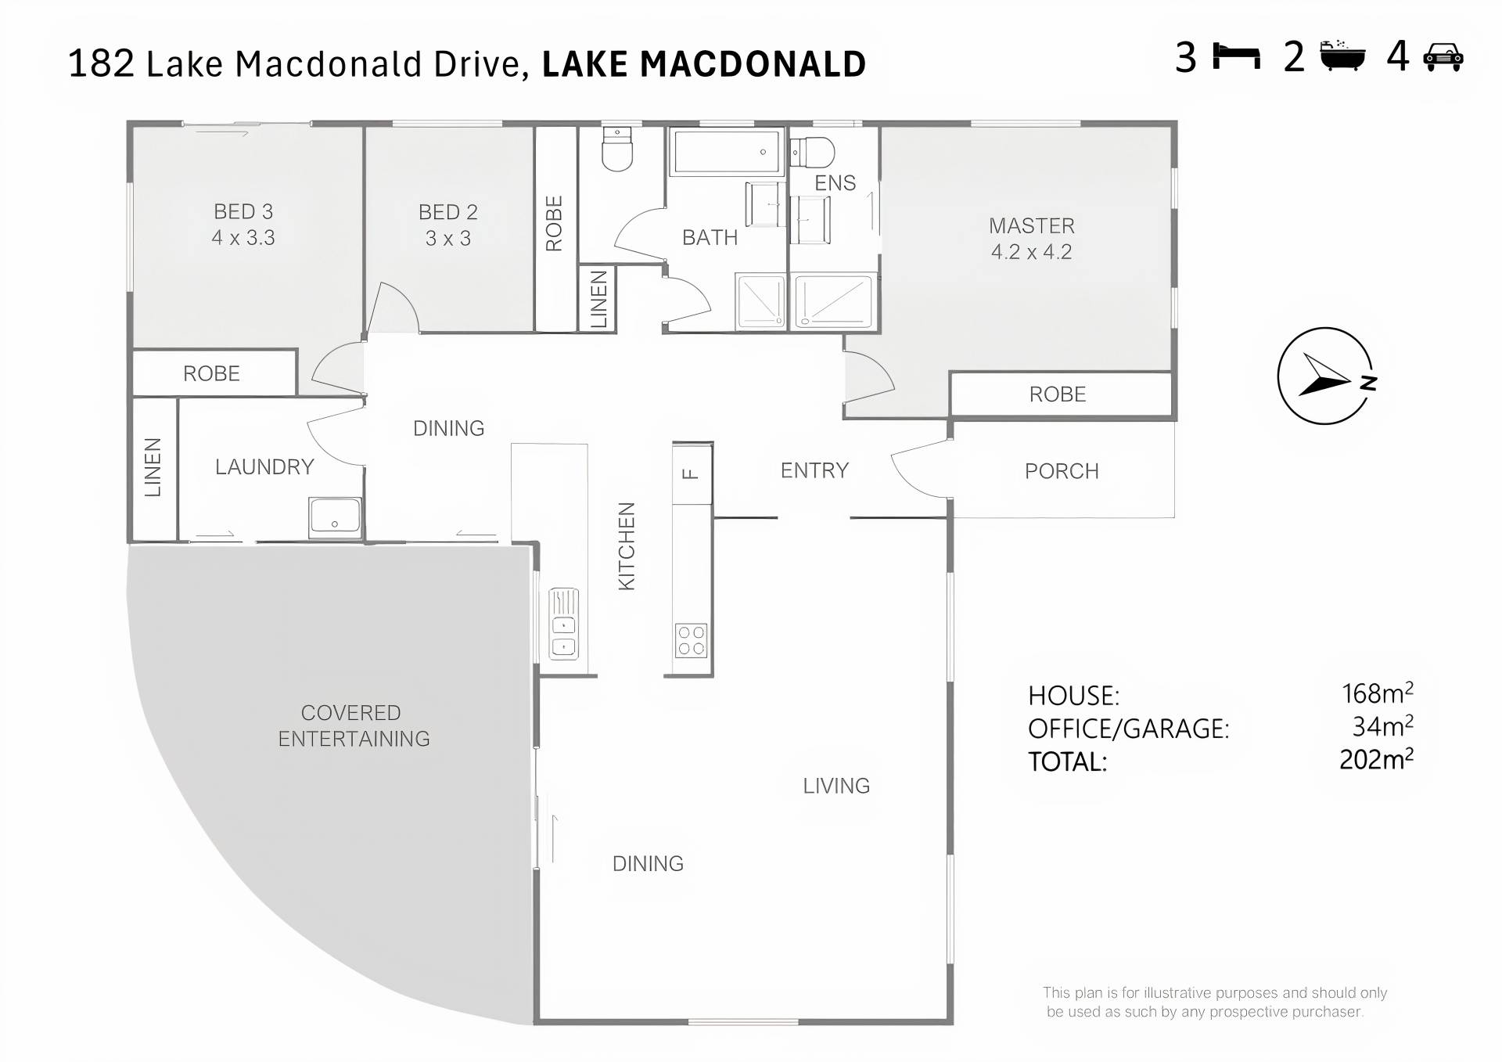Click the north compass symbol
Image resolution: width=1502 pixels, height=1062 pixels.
click(1325, 376)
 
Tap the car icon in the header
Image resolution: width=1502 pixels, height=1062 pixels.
click(1443, 57)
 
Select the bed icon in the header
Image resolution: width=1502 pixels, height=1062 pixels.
click(1236, 57)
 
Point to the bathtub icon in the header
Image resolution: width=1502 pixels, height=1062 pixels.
click(1342, 56)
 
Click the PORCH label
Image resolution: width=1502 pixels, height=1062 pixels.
click(1062, 471)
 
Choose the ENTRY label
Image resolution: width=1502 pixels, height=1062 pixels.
click(814, 470)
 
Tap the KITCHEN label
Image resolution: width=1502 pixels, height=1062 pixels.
click(627, 546)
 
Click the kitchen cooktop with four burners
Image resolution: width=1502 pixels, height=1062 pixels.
click(692, 640)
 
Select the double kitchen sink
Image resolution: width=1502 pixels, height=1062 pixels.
click(564, 624)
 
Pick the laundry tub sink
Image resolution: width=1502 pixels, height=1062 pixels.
click(335, 517)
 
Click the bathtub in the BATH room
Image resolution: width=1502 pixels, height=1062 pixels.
click(727, 151)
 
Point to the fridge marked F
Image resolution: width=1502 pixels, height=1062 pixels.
click(692, 473)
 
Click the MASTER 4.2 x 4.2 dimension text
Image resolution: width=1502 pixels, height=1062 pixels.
click(1031, 252)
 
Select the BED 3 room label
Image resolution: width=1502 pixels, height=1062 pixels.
click(243, 211)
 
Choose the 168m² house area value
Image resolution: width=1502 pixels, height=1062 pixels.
click(1377, 693)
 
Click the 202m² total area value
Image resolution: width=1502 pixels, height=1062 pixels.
click(1376, 759)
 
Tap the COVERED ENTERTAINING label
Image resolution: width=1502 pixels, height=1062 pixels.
click(354, 725)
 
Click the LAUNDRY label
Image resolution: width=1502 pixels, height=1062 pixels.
click(264, 467)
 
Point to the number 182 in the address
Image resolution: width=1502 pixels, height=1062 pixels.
click(101, 63)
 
